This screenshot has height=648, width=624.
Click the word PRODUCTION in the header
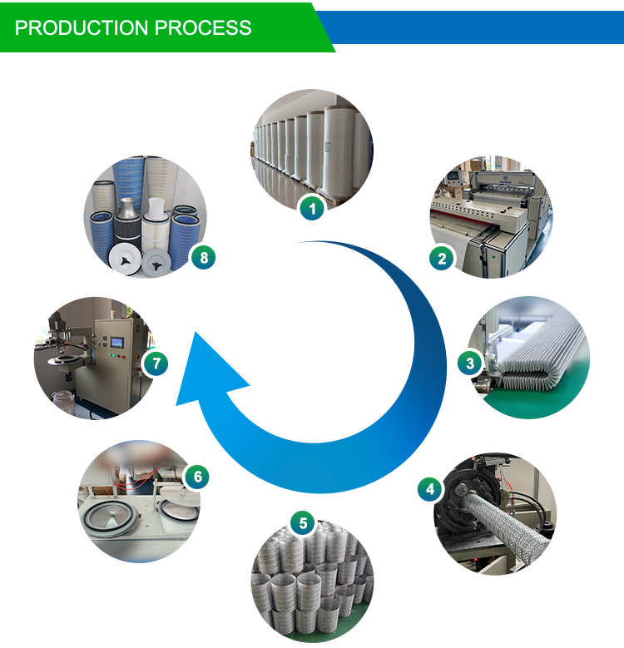pos(73,27)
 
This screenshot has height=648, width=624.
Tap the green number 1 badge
pos(312,209)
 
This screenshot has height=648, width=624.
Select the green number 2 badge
pos(442,259)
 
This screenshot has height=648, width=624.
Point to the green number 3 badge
pos(470,363)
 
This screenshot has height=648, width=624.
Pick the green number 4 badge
pos(430,489)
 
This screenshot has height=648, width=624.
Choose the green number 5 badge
pos(303,523)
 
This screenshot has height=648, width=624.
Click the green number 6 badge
pos(196,477)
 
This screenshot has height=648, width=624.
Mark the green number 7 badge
pos(155,364)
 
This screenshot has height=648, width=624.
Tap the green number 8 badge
pos(203,257)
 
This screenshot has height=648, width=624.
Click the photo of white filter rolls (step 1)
pos(312,146)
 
